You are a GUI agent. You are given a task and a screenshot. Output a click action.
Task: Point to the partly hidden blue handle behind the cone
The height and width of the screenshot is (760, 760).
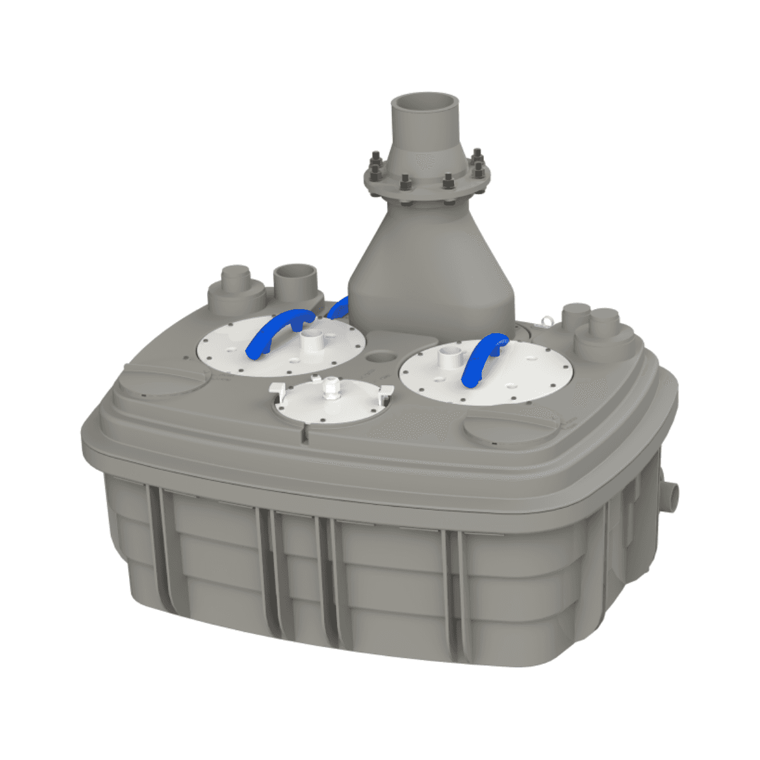[x=338, y=307]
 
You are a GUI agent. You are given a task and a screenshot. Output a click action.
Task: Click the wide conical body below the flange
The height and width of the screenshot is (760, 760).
[x=431, y=266]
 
